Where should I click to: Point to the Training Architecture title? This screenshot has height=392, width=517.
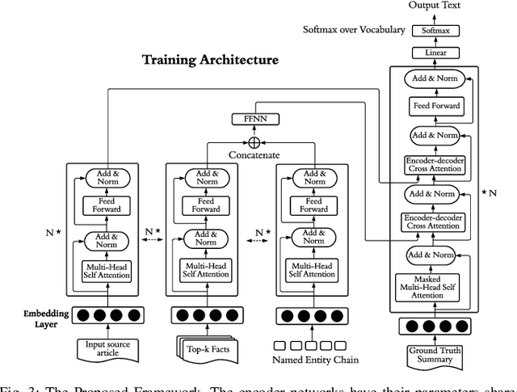[x=210, y=60]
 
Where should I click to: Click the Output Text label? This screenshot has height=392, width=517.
[x=435, y=6]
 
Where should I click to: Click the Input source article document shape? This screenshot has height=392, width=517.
[x=107, y=348]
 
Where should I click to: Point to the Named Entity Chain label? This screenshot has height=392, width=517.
[x=315, y=360]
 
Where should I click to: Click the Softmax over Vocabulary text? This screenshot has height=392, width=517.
[x=354, y=31]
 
